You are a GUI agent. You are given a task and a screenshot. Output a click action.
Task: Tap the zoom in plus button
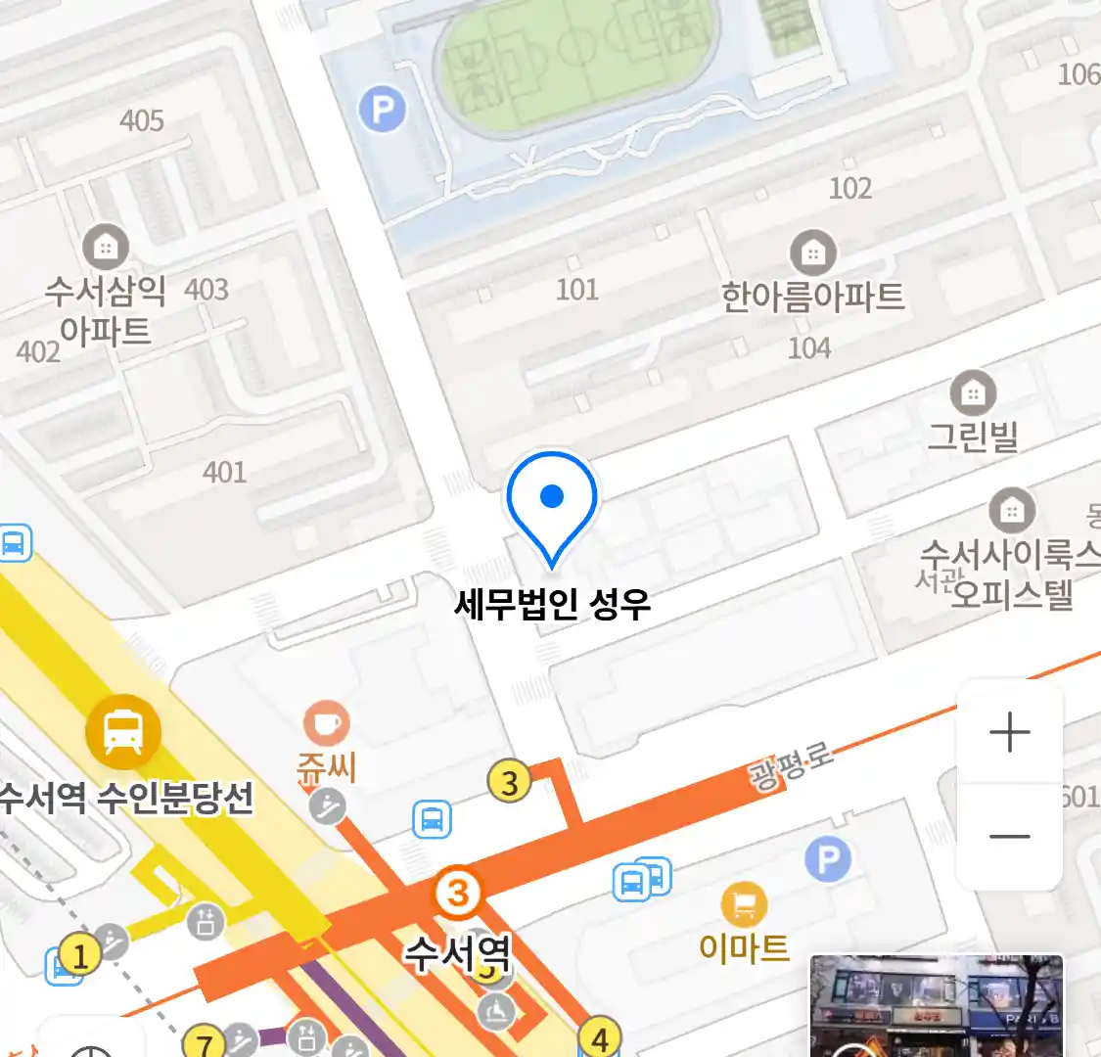[x=1009, y=732]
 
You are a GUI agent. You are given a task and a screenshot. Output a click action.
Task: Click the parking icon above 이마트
[x=828, y=859]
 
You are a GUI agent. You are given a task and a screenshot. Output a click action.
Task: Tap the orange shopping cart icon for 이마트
[x=744, y=904]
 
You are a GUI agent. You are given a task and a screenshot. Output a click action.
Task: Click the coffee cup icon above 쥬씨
[x=326, y=724]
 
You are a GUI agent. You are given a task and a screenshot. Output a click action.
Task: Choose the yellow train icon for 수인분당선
[x=122, y=730]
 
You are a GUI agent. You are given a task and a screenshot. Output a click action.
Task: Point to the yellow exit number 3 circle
[x=509, y=782]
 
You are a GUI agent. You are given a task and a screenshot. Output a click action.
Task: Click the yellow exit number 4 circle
[x=600, y=1037]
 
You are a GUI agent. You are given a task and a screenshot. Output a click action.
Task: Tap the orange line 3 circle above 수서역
[x=457, y=892]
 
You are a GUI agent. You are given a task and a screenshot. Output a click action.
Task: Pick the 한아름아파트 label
[x=812, y=297]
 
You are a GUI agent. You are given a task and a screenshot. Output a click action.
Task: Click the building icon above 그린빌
[x=973, y=393]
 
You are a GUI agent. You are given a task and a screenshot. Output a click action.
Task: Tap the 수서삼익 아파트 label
[x=105, y=310]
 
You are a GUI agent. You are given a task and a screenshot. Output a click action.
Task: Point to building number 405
[x=142, y=120]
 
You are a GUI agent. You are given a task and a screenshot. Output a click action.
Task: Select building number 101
[x=576, y=289]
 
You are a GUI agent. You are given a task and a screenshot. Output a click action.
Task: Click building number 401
[x=224, y=472]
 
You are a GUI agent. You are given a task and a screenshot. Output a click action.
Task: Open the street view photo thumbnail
[x=936, y=1006]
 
